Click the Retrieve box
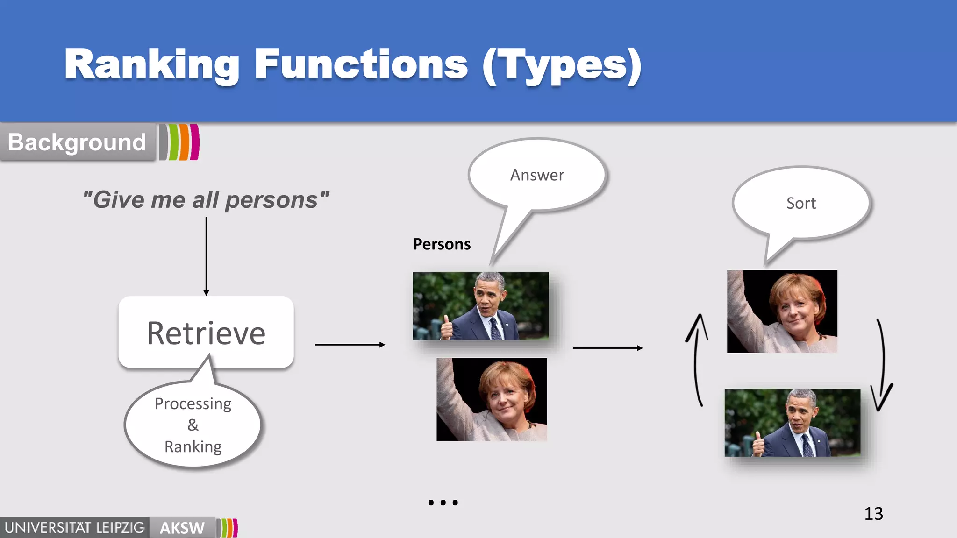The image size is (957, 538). click(206, 333)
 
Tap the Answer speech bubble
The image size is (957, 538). click(537, 175)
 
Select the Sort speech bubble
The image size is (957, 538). click(800, 203)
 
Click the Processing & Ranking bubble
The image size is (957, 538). click(193, 425)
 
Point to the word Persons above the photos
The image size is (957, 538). click(442, 244)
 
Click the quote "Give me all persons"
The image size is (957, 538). click(206, 200)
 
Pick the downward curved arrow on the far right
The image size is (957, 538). click(883, 364)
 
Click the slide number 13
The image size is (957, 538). click(873, 514)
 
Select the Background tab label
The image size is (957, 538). click(77, 142)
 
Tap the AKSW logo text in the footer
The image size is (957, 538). click(182, 528)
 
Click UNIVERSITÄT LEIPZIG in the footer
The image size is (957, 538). click(75, 528)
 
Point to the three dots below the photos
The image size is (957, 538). click(443, 503)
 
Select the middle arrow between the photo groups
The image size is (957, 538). click(607, 348)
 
